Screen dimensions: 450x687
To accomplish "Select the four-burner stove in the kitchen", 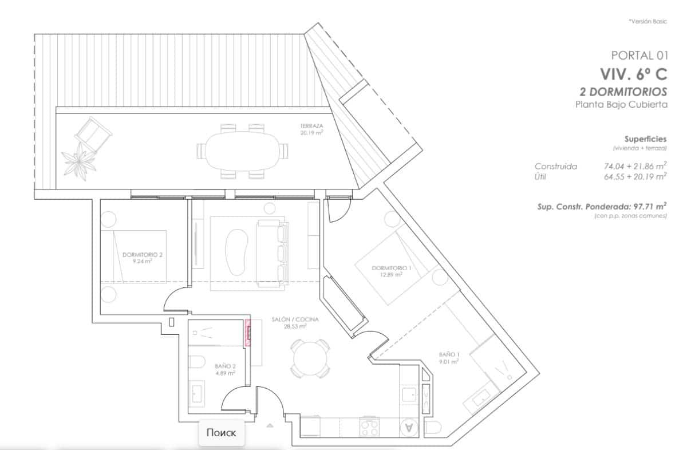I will (369, 427).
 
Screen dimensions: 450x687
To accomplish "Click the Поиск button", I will (221, 433).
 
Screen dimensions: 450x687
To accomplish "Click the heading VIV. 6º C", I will (633, 74).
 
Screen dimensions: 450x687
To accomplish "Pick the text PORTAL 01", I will (639, 56).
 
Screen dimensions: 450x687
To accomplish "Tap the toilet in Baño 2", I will (196, 362).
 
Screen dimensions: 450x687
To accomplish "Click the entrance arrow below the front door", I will (270, 425).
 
